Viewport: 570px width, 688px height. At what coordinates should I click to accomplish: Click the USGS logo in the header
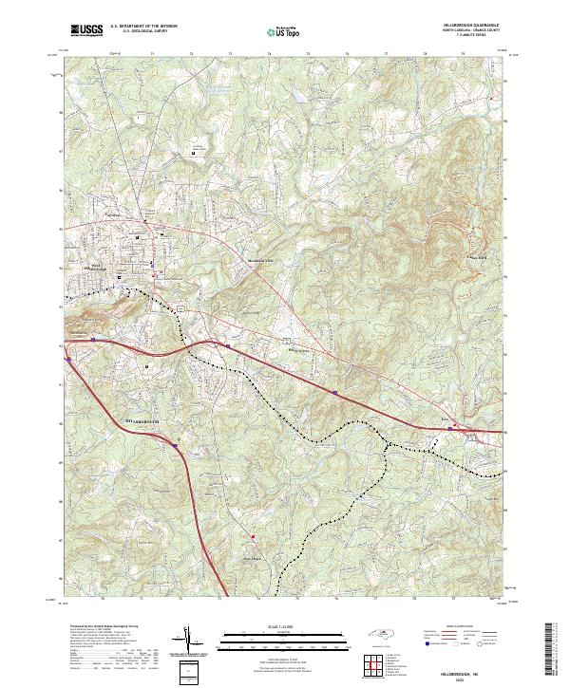[x=87, y=31]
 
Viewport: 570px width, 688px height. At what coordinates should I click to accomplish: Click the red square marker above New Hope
[x=254, y=537]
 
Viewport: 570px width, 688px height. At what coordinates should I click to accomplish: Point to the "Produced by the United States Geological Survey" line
[x=103, y=627]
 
